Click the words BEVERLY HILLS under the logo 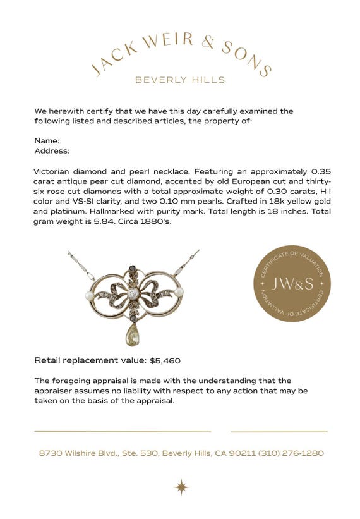180,80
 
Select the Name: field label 47,140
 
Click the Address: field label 52,150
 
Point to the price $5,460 165,361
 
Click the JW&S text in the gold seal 292,284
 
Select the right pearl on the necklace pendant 179,291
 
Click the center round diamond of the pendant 133,293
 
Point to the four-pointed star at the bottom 181,487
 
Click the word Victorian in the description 54,171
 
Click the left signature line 123,432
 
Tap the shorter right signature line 279,432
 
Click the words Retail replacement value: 90,361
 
